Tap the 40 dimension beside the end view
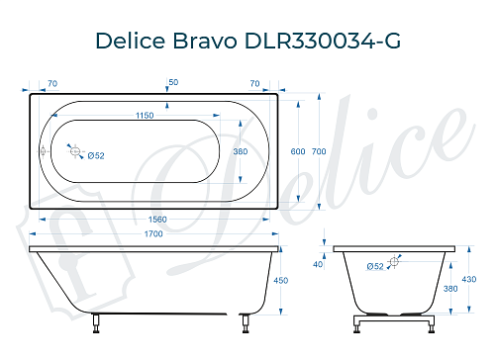(x=318, y=264)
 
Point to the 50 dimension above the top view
(x=173, y=81)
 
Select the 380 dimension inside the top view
(x=239, y=151)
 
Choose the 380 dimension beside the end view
(x=451, y=289)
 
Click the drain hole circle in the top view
(x=73, y=150)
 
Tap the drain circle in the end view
(x=394, y=261)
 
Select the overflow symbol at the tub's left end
(x=42, y=151)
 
